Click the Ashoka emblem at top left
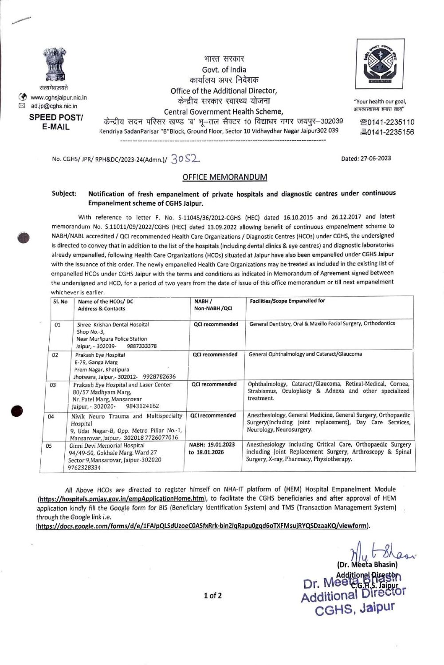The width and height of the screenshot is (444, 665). coord(55,65)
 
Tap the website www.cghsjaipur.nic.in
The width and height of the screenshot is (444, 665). coord(59,98)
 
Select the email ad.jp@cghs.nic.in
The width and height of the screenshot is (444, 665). coord(54,106)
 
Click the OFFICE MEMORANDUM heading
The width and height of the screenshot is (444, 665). coord(224,177)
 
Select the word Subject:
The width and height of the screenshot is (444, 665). coord(64,194)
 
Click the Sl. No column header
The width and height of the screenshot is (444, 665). coord(60,301)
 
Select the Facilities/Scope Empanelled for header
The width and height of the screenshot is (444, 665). coord(287,301)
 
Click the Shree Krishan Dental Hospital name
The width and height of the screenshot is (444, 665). coord(113,325)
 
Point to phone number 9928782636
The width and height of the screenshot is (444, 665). coord(159,377)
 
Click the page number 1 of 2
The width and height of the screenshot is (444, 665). coord(213,596)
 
